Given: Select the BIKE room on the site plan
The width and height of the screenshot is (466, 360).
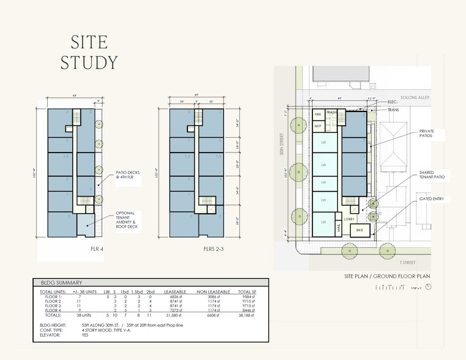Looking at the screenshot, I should [x=360, y=230].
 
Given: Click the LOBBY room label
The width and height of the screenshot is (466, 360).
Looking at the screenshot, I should [x=349, y=219].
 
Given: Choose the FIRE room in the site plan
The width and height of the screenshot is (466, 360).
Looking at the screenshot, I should [x=318, y=114].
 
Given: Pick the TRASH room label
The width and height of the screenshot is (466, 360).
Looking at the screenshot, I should [x=331, y=113].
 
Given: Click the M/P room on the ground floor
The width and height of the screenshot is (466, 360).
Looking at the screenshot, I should [x=318, y=126].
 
